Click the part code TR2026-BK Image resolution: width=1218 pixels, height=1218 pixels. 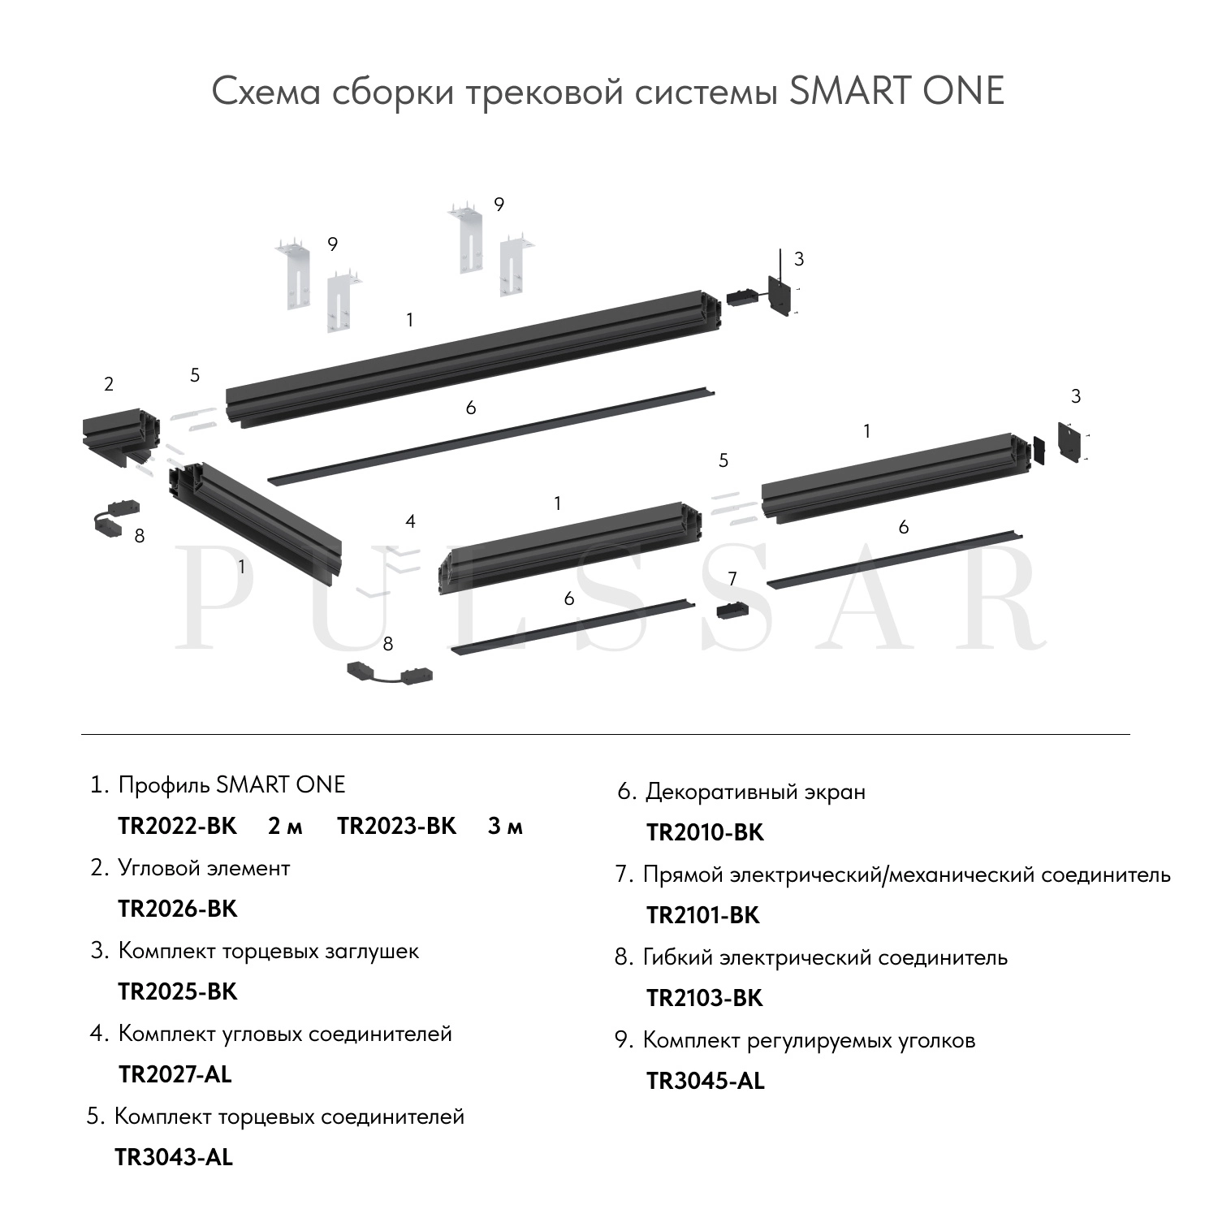click(x=178, y=909)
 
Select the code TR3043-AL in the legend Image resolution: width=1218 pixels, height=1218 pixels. click(x=174, y=1157)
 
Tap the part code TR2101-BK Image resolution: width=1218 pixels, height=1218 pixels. click(x=703, y=915)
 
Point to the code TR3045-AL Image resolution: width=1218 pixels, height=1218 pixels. click(x=706, y=1081)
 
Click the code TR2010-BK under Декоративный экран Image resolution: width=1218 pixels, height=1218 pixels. click(x=706, y=832)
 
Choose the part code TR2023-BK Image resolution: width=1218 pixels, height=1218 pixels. click(x=397, y=826)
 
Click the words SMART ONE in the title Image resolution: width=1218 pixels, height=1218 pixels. click(x=896, y=91)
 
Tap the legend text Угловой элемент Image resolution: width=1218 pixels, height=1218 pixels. click(x=204, y=868)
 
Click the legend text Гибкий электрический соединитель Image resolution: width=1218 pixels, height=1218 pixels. click(x=825, y=957)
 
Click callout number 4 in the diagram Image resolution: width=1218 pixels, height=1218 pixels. click(x=410, y=521)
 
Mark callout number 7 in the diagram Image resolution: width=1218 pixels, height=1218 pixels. click(x=732, y=579)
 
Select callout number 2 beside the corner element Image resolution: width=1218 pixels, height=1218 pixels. click(x=109, y=385)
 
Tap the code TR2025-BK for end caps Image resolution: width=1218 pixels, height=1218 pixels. click(x=178, y=991)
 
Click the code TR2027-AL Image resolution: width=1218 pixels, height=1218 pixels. click(x=175, y=1074)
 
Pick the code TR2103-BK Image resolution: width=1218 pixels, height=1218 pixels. click(x=705, y=998)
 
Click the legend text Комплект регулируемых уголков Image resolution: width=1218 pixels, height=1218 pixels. click(x=809, y=1040)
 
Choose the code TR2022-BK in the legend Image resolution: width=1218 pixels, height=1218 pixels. click(x=178, y=826)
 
